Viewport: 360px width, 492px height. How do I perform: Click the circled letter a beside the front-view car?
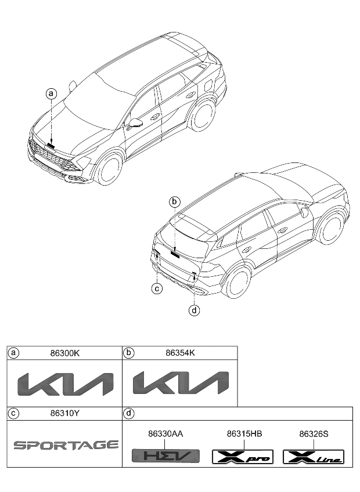point(52,93)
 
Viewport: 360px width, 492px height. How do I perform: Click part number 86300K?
point(65,353)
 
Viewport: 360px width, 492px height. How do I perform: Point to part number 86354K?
point(180,353)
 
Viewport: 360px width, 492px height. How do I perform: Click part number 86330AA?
point(165,433)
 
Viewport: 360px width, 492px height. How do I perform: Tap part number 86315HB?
point(244,433)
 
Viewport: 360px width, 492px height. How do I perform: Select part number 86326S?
point(313,433)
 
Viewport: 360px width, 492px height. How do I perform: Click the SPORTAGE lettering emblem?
point(66,446)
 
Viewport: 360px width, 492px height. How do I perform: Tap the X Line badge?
point(313,457)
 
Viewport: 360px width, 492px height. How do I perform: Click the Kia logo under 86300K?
point(65,384)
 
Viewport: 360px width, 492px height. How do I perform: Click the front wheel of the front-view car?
point(109,168)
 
